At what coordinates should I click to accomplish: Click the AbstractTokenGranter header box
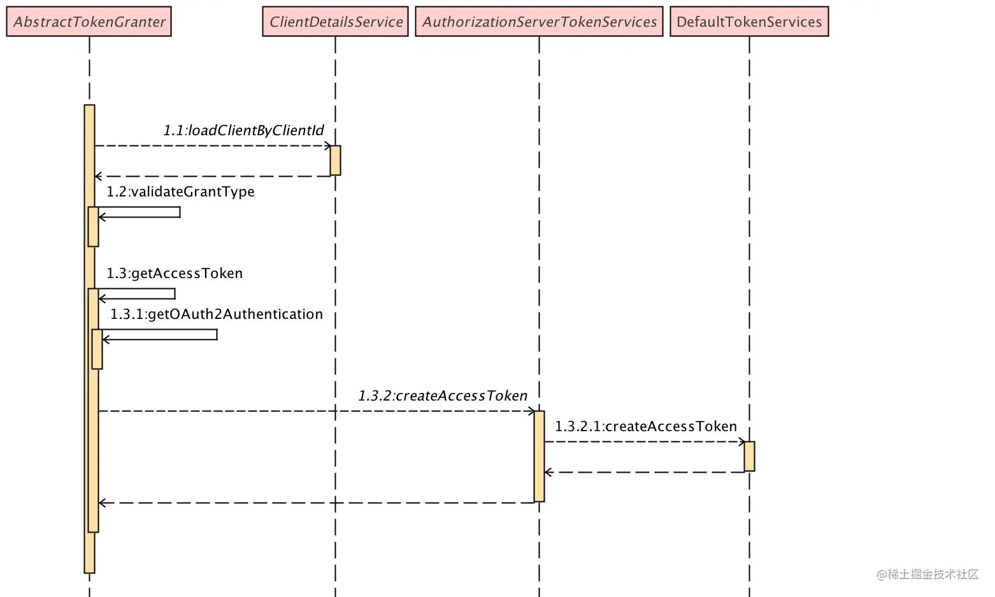[89, 21]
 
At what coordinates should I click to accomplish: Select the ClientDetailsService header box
[335, 21]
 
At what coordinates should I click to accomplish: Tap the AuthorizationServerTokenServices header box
[540, 21]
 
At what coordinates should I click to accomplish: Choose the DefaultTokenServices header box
[749, 21]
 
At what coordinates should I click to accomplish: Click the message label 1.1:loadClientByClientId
[244, 130]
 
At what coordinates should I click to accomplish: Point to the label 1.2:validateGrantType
[180, 192]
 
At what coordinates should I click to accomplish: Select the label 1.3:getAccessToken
[175, 273]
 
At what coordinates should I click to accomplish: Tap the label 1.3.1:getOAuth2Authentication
[217, 314]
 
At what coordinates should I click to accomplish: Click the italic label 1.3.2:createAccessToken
[443, 395]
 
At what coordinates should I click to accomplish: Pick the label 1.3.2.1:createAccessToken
[646, 426]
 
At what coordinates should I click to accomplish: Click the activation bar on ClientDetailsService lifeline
[335, 161]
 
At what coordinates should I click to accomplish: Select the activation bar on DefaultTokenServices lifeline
[749, 457]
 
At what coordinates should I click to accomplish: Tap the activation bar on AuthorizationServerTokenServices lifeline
[540, 457]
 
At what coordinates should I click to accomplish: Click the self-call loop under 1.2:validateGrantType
[180, 212]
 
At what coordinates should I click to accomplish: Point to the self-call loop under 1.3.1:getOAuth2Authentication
[217, 334]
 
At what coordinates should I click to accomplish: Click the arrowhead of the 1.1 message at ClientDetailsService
[328, 146]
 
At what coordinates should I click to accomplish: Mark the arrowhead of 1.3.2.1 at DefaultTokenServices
[742, 442]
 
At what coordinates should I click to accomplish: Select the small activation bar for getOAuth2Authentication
[97, 350]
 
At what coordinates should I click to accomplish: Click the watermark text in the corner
[927, 574]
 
